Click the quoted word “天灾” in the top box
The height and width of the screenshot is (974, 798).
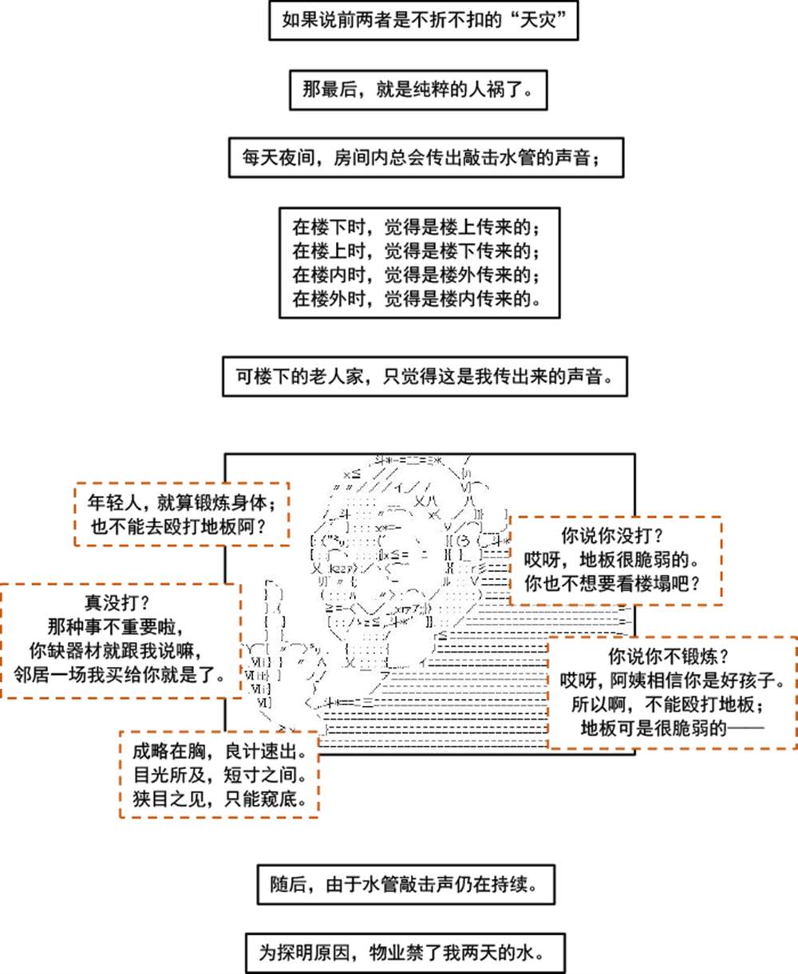click(538, 20)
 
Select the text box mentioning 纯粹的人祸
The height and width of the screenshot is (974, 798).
click(419, 90)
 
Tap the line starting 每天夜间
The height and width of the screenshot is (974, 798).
click(421, 158)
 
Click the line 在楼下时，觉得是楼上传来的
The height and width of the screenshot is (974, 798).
click(417, 227)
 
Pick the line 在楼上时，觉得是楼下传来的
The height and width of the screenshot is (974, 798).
click(417, 251)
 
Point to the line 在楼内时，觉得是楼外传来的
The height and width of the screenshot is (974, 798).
click(417, 275)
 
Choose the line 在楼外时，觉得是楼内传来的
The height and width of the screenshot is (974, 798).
click(417, 299)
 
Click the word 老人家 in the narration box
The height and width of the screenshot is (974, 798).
click(337, 377)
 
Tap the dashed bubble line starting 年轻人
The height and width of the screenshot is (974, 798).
click(182, 503)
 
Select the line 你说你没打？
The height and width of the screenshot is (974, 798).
click(613, 536)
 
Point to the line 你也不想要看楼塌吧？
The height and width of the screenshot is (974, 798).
click(613, 584)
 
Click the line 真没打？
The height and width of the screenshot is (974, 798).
click(117, 603)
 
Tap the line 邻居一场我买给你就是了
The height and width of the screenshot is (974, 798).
click(119, 675)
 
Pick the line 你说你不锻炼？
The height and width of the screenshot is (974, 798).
click(669, 657)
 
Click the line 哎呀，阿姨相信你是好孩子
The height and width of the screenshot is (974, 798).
click(673, 680)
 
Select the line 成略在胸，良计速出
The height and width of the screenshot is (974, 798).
click(220, 751)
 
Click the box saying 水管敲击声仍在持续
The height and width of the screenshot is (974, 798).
click(405, 885)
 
